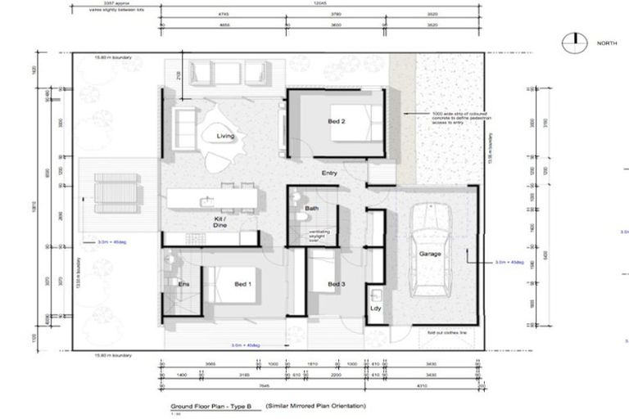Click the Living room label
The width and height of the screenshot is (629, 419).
coord(226,136)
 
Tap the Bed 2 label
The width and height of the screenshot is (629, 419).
coord(337,121)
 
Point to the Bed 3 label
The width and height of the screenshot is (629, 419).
coord(336,284)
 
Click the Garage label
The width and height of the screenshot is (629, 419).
coord(430,255)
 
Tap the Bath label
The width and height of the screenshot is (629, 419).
coord(311,209)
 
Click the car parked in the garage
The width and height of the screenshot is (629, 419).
coord(432,250)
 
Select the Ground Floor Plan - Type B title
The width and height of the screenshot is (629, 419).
coord(211,406)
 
